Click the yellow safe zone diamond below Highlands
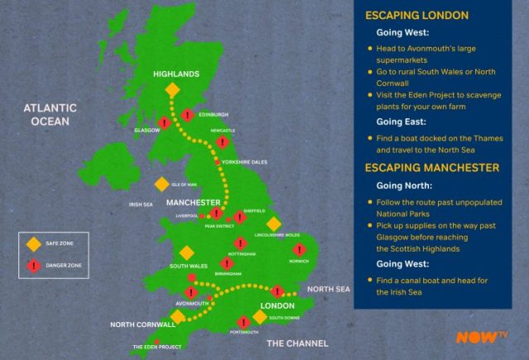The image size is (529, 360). (172, 89)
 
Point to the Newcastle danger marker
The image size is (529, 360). (222, 142)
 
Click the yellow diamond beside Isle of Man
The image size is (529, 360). (161, 185)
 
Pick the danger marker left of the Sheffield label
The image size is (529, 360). (239, 217)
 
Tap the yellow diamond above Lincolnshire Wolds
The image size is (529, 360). (273, 224)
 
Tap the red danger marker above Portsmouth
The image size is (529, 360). (243, 322)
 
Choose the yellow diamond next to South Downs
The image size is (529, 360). (261, 316)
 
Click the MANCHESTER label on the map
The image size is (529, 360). (193, 203)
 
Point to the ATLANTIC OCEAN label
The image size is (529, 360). (51, 114)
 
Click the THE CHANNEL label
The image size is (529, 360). (296, 343)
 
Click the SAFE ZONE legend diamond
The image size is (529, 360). (34, 244)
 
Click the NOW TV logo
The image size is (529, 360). (482, 337)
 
